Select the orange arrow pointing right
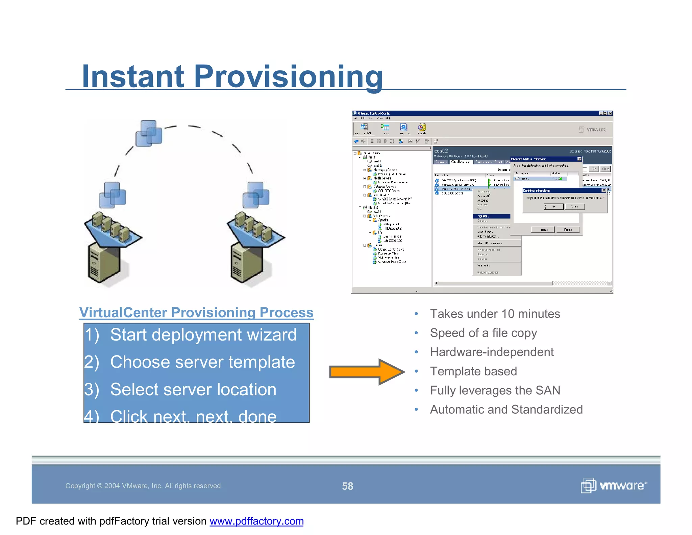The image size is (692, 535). (x=367, y=372)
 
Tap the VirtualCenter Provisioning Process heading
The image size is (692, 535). (x=196, y=312)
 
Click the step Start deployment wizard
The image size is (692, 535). (x=203, y=335)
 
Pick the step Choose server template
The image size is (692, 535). (x=202, y=362)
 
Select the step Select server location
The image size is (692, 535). (x=193, y=390)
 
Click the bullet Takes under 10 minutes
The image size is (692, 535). (x=495, y=314)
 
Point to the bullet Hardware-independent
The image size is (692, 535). (x=492, y=352)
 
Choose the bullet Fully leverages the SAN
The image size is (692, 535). (x=495, y=390)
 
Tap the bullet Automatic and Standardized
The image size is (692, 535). (x=506, y=410)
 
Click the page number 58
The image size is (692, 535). (x=347, y=486)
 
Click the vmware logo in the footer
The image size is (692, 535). (x=614, y=486)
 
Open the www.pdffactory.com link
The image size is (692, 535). (x=256, y=521)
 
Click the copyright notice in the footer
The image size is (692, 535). (x=144, y=486)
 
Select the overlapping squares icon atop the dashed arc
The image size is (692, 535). (x=149, y=133)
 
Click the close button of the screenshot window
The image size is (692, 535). (x=610, y=113)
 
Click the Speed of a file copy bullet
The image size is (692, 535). (x=483, y=333)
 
